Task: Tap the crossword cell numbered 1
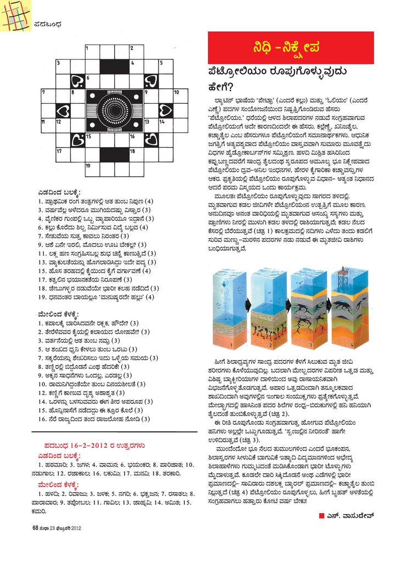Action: [92, 52]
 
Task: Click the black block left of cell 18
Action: [114, 153]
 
